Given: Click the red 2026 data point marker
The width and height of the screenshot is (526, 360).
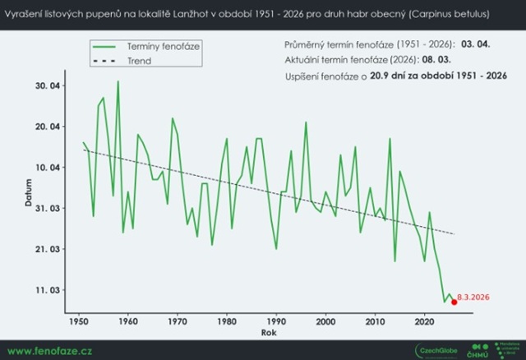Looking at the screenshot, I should coord(454,302).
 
